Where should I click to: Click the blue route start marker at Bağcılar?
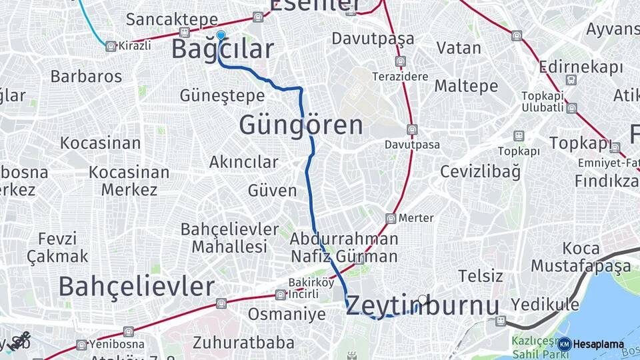click(x=221, y=36)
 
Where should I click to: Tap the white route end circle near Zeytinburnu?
click(x=423, y=300)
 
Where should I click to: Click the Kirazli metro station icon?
click(x=111, y=46)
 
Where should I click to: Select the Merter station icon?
click(x=391, y=218)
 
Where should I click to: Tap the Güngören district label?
click(x=301, y=125)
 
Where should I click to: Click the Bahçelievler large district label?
click(x=136, y=287)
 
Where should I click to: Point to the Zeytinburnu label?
click(x=423, y=306)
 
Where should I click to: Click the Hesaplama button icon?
click(x=565, y=345)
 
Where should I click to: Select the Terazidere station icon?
click(x=400, y=61)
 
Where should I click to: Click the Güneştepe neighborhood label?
click(x=222, y=96)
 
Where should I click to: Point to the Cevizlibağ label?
click(x=479, y=171)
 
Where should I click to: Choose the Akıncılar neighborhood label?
click(x=243, y=162)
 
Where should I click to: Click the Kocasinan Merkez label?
click(x=129, y=181)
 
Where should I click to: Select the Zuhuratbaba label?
click(x=243, y=343)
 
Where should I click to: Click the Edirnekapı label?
click(x=581, y=67)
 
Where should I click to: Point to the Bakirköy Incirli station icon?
click(x=280, y=295)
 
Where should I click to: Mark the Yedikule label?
click(x=545, y=305)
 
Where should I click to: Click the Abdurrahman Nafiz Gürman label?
click(x=344, y=247)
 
